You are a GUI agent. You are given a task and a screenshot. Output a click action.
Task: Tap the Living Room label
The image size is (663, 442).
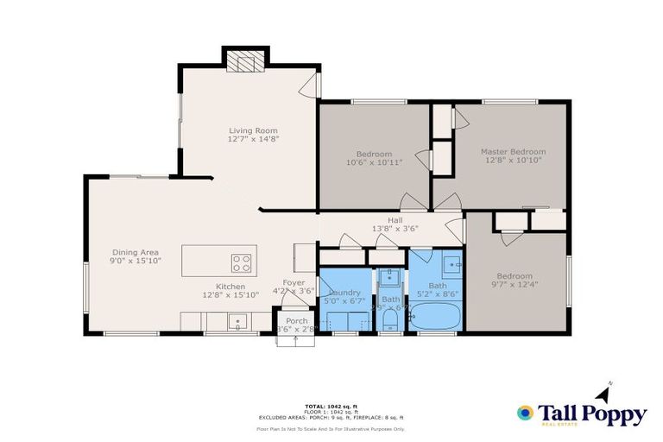click(x=253, y=130)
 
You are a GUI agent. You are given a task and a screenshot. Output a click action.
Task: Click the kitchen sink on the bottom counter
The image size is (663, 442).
click(x=236, y=322)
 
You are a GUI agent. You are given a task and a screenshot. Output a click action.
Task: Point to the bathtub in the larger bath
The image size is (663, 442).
click(x=434, y=317)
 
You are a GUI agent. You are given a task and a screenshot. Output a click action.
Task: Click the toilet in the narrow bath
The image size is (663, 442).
click(x=390, y=321)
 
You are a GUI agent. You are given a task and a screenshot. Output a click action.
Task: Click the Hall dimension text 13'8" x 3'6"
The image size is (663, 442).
click(x=395, y=229)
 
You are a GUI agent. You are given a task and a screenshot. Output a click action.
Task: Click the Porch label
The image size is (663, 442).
click(x=296, y=321)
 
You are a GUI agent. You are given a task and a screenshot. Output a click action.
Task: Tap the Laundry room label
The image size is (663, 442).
click(x=344, y=293)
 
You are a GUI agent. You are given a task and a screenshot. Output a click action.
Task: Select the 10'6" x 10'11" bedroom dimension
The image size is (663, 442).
click(x=374, y=162)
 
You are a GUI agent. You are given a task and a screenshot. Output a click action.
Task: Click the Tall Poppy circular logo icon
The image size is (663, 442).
click(x=524, y=413)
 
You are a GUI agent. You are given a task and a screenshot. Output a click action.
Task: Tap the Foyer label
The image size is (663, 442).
click(x=294, y=282)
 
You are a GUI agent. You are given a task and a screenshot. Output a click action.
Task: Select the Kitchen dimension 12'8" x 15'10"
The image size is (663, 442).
click(x=230, y=295)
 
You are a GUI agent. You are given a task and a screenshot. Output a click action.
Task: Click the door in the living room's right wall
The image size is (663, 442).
click(x=314, y=85)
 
